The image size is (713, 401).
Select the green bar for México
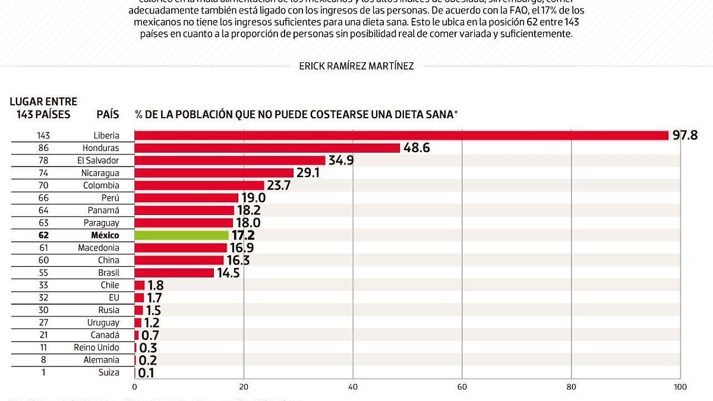(x=181, y=235)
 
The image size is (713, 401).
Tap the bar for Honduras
(x=267, y=148)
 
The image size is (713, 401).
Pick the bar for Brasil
(x=174, y=273)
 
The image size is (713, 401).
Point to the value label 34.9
(x=341, y=160)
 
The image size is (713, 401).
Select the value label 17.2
(x=244, y=235)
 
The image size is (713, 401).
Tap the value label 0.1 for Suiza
(x=146, y=373)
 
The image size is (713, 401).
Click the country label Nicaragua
(x=100, y=173)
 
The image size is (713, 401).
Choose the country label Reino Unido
(x=96, y=348)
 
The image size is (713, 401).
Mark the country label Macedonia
(x=99, y=248)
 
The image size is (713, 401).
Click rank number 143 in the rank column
(x=44, y=135)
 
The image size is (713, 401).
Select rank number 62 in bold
(x=44, y=235)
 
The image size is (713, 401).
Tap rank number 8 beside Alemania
(x=44, y=360)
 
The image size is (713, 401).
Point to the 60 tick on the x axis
(x=462, y=387)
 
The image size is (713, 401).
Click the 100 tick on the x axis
(x=680, y=387)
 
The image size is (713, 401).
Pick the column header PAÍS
(x=108, y=114)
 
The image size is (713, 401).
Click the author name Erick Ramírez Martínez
(x=356, y=66)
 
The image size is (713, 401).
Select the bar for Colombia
(x=199, y=185)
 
